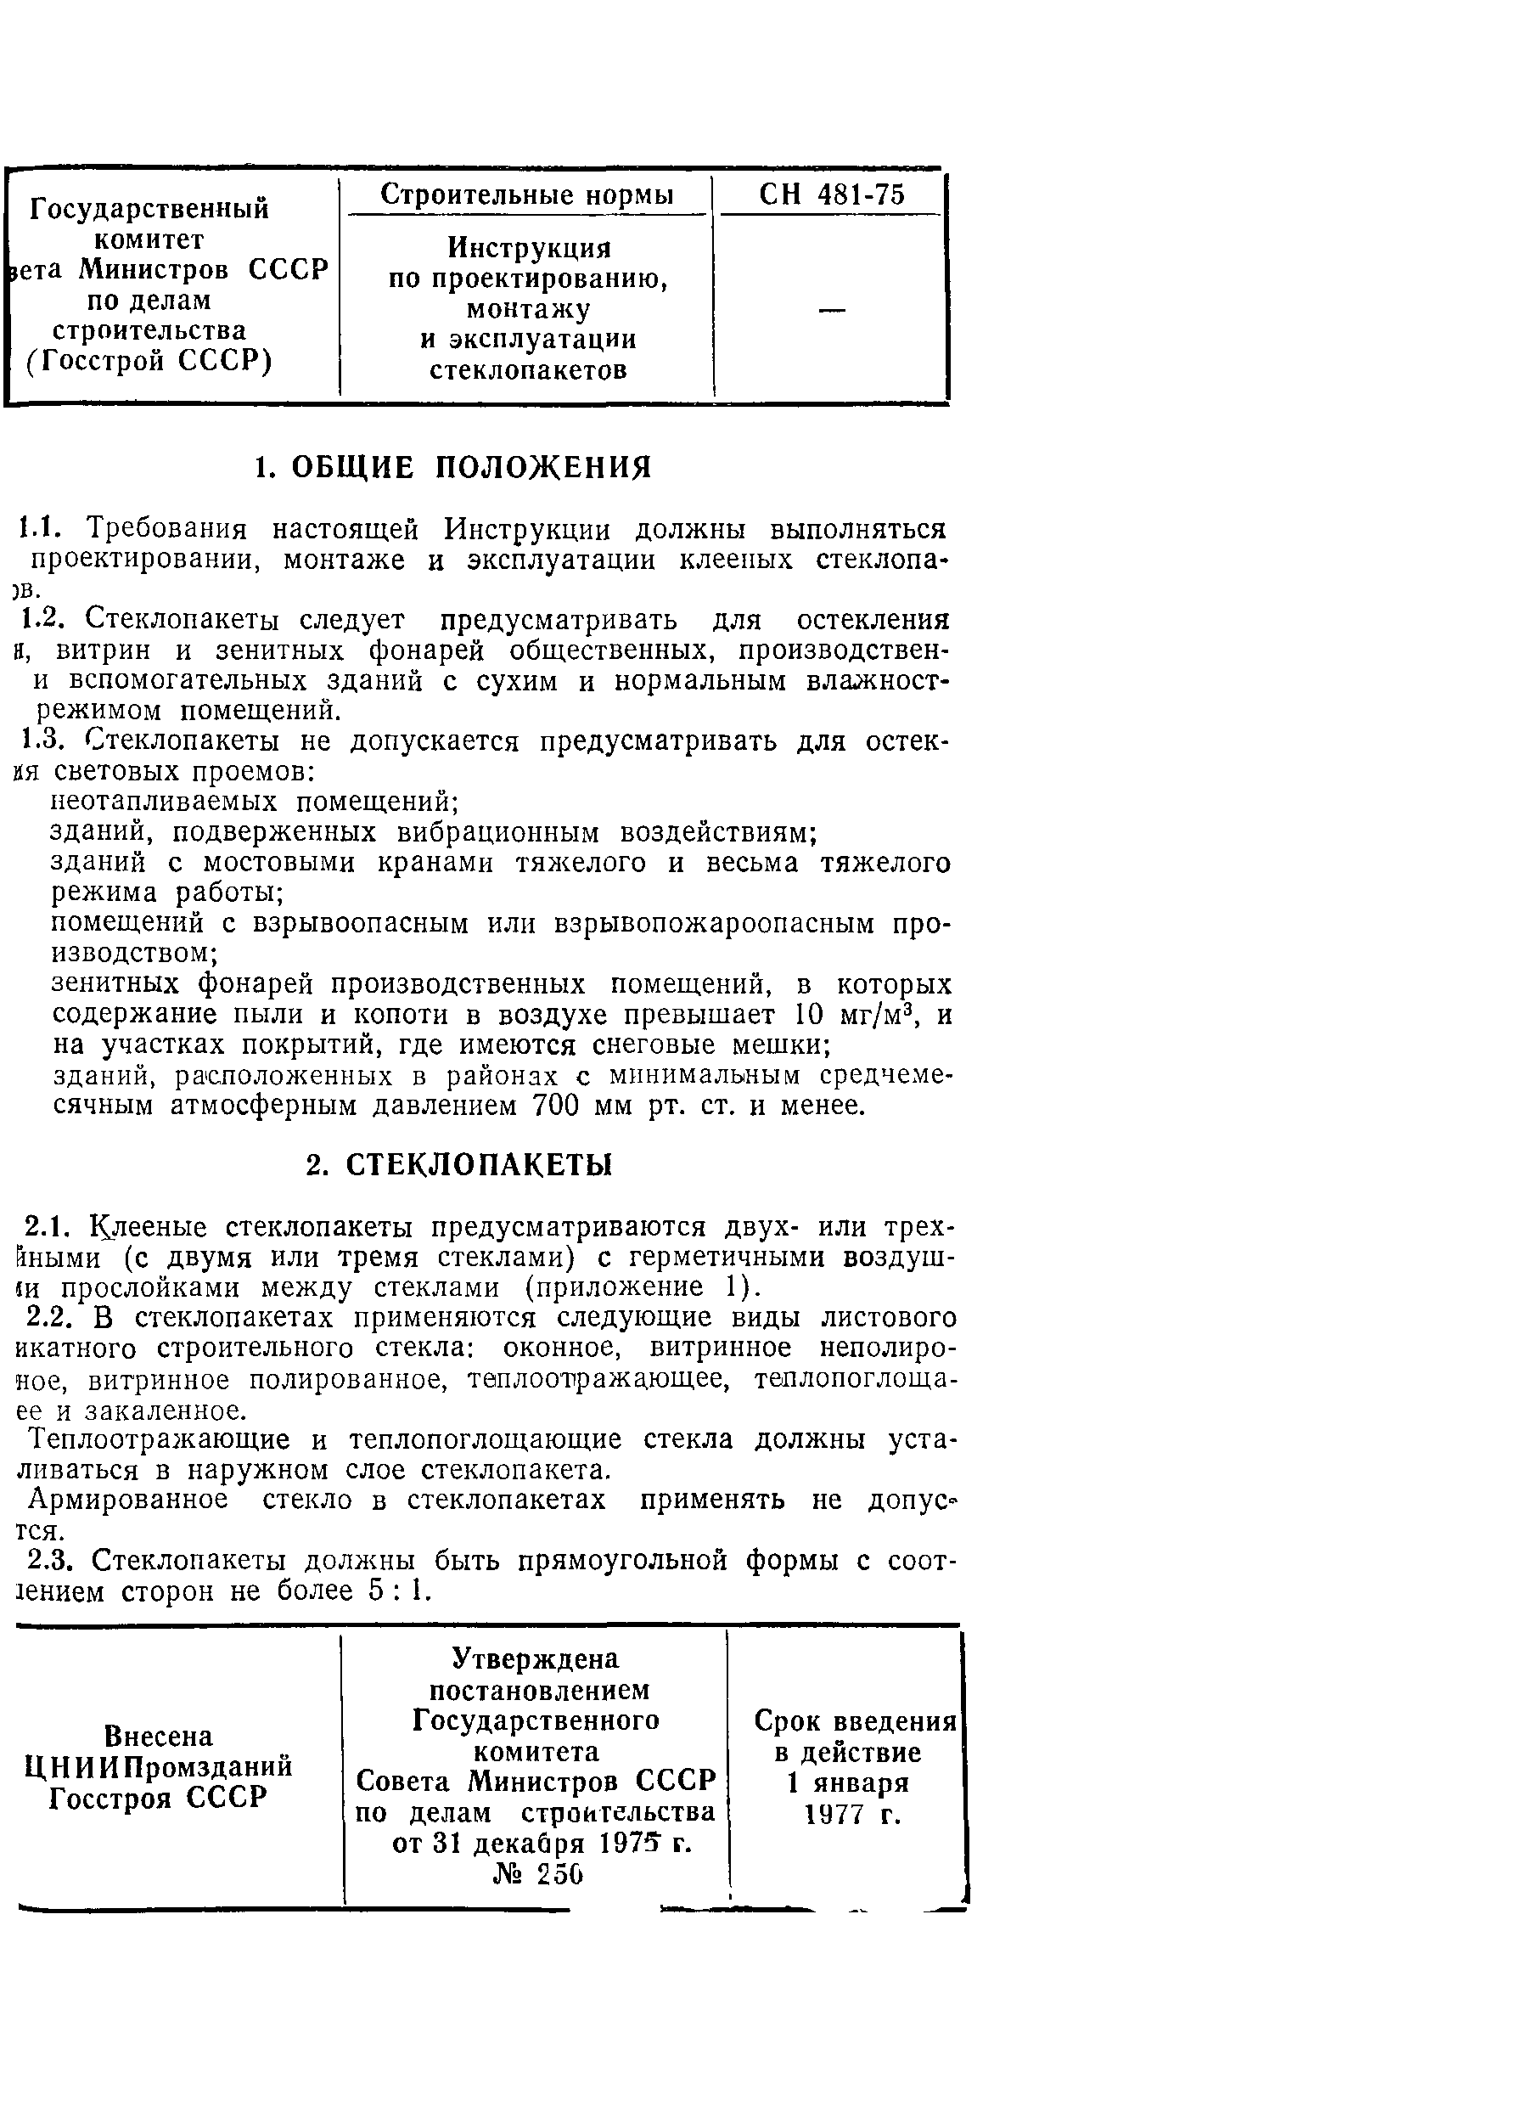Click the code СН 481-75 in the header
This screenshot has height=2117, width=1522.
[830, 194]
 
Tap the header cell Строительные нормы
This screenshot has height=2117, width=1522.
[526, 194]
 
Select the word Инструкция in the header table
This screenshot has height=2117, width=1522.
[528, 247]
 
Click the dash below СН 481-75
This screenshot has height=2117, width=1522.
[831, 310]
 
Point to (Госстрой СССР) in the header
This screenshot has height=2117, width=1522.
[149, 360]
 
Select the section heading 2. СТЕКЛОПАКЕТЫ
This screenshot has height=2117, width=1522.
[459, 1166]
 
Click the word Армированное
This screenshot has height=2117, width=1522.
[128, 1500]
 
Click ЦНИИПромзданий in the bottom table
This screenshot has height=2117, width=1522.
[158, 1767]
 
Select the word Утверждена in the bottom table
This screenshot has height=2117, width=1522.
[536, 1658]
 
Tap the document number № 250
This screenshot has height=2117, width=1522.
[537, 1874]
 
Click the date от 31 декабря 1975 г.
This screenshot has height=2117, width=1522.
[542, 1844]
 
